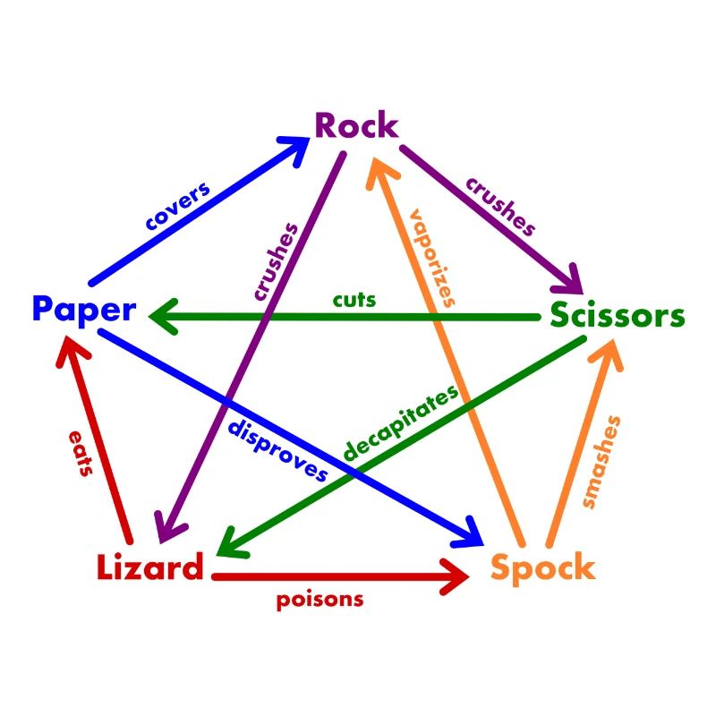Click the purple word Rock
coord(356,126)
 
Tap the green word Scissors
coord(617,316)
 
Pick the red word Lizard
coord(149,567)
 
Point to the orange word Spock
coord(542,567)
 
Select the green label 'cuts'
coord(354,299)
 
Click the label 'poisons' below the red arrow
coord(320,600)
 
